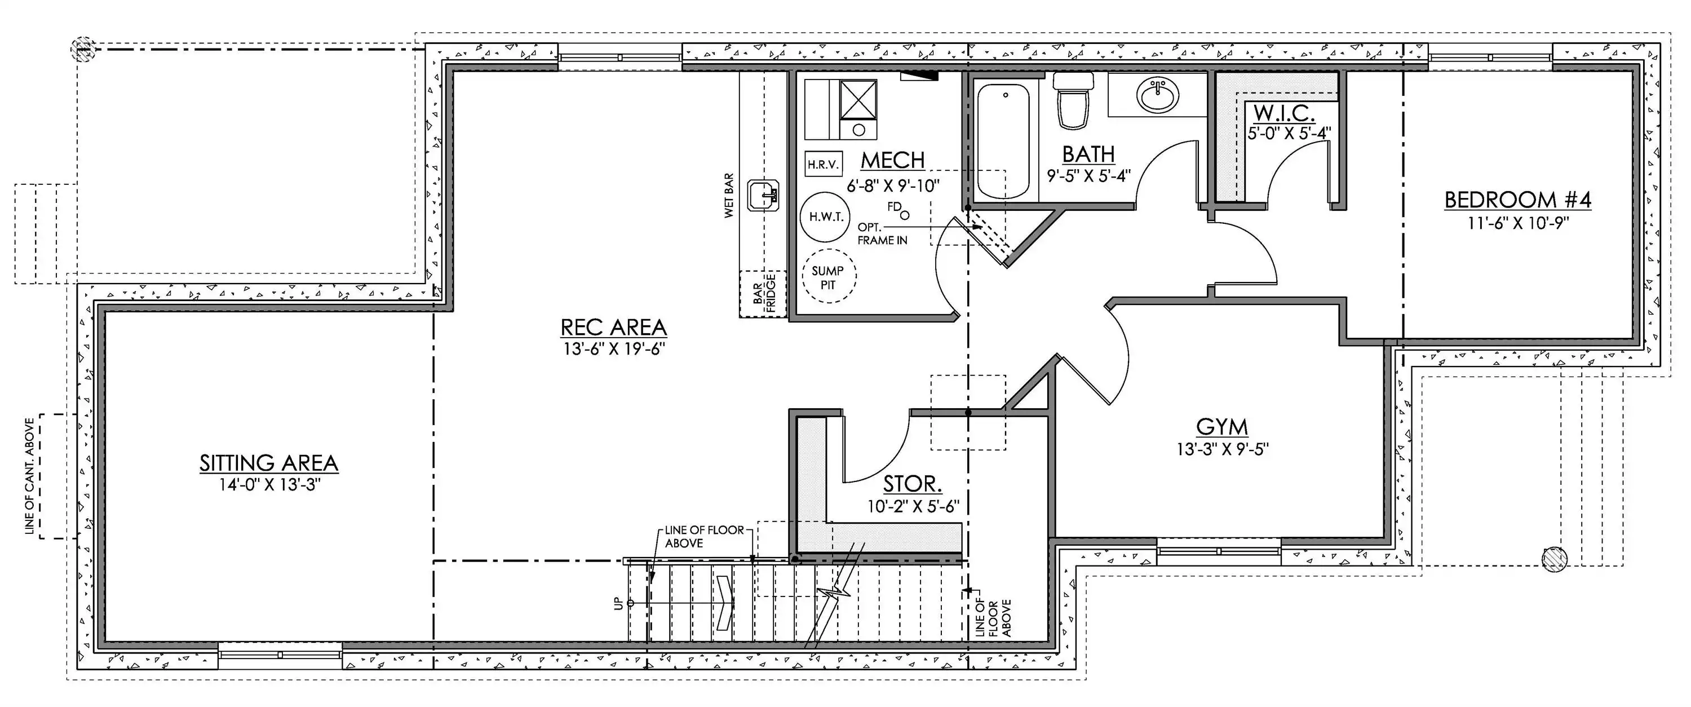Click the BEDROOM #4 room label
[1518, 200]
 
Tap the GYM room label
[1221, 427]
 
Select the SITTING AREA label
[268, 463]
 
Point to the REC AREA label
[614, 327]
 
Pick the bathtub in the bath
[1003, 141]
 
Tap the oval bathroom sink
[1159, 96]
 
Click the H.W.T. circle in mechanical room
[826, 216]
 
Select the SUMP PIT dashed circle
[829, 276]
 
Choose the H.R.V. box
[823, 164]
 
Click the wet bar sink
[763, 196]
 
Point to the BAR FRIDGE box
[763, 294]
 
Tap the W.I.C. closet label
[1284, 113]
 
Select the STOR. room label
[913, 484]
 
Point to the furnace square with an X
[858, 99]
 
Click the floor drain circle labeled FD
[905, 215]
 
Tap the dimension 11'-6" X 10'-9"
[1518, 223]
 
